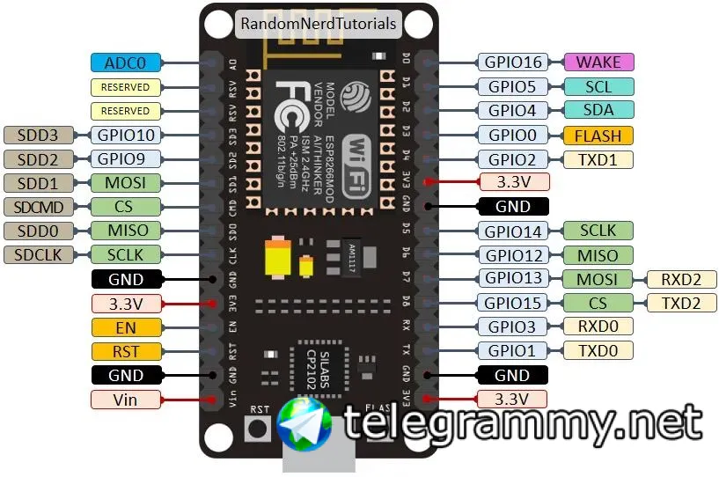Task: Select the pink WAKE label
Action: point(598,62)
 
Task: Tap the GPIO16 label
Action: point(513,62)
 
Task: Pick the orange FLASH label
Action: point(598,136)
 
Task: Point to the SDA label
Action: point(598,111)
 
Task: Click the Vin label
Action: point(126,400)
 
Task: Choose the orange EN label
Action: point(126,327)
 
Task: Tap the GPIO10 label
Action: point(126,136)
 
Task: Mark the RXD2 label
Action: point(682,280)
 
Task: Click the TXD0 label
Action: point(598,351)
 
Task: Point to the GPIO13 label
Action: point(513,280)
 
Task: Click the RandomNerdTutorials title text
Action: point(318,24)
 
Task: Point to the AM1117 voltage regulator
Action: point(347,253)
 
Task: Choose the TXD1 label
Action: point(598,159)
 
